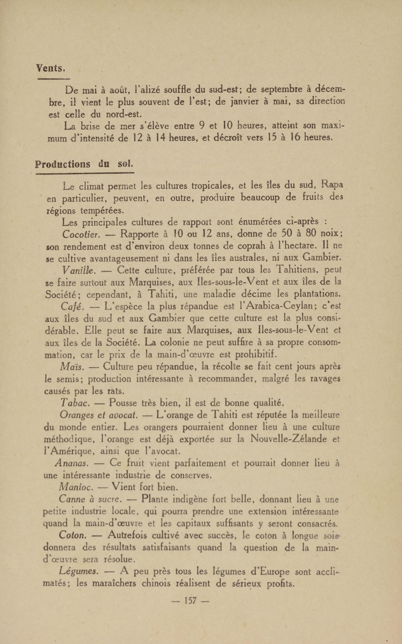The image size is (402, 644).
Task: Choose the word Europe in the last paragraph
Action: coord(274,571)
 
